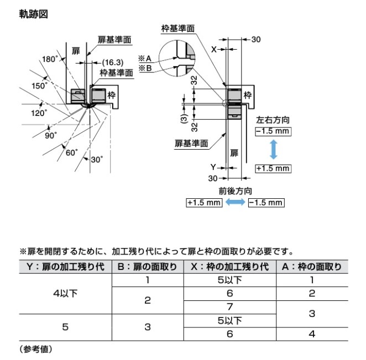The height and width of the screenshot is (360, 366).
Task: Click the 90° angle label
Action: click(51, 135)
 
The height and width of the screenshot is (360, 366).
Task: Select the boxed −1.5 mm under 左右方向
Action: click(273, 131)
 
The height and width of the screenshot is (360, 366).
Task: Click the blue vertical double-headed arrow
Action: click(273, 149)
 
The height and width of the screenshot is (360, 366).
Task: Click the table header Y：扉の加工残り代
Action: click(65, 267)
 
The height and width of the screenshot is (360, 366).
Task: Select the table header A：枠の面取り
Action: click(311, 267)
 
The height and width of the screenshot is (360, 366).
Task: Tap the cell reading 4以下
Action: click(65, 293)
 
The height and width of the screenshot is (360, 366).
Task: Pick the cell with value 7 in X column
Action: click(229, 306)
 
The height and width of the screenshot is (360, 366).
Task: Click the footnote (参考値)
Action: click(35, 349)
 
